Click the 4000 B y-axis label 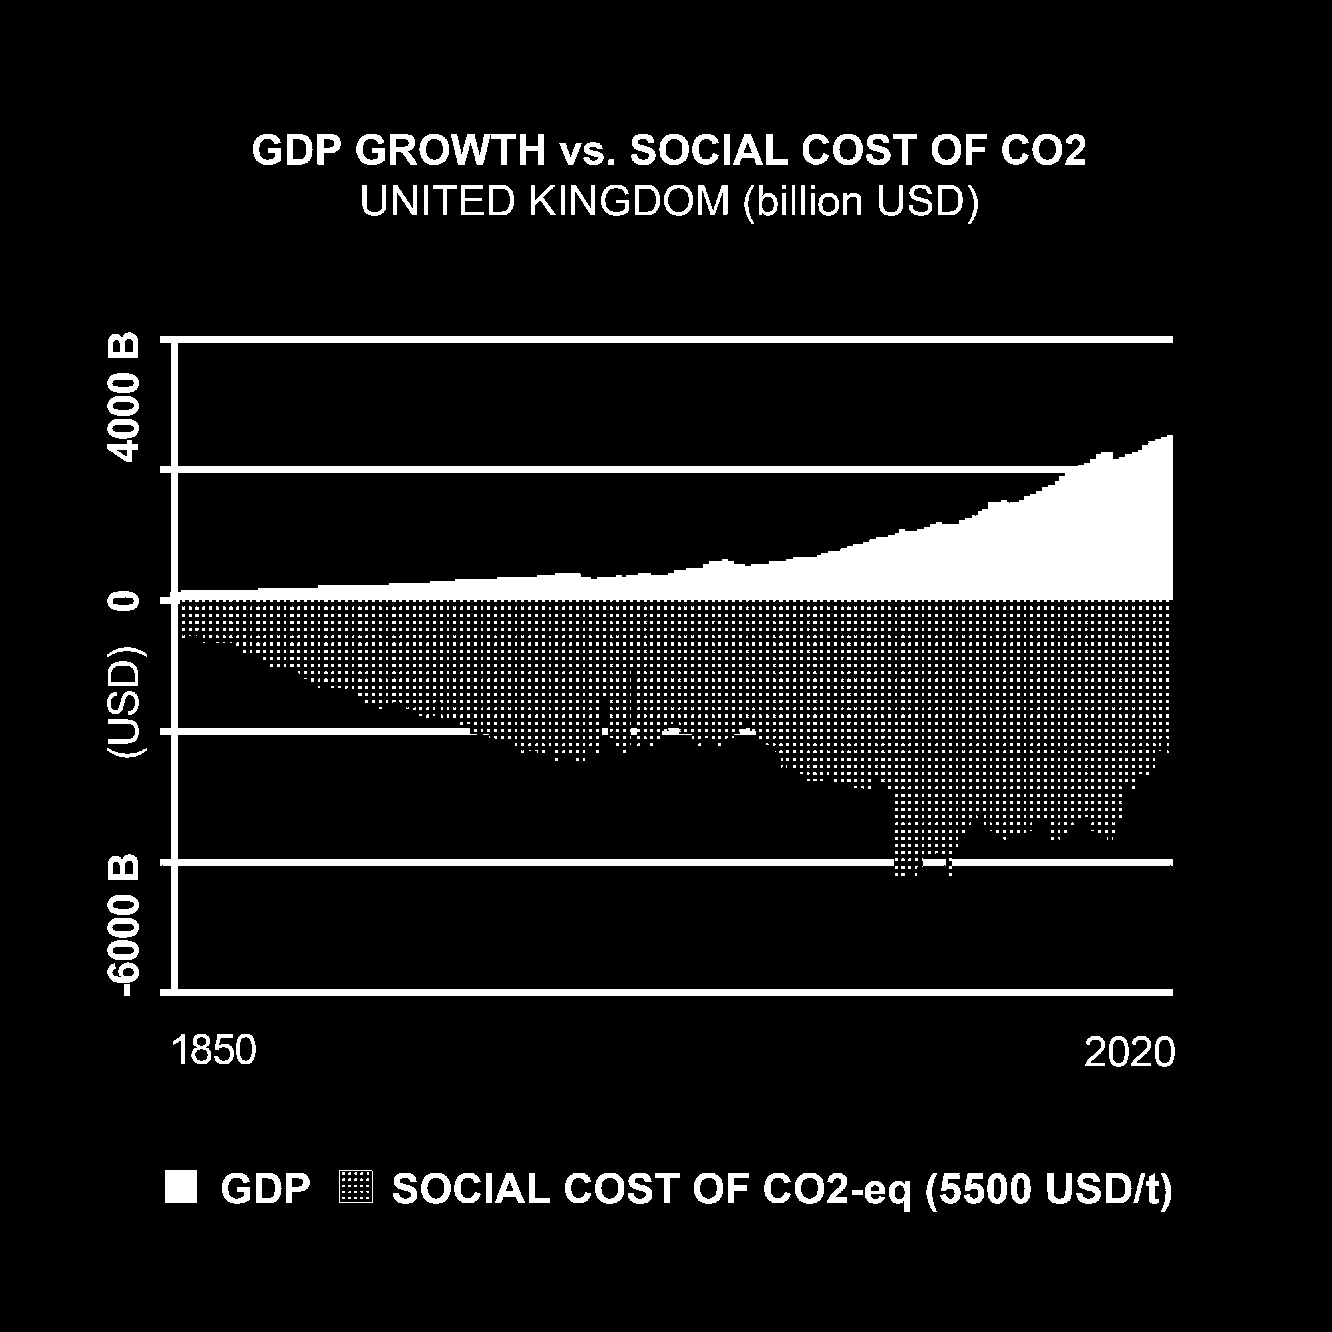[127, 398]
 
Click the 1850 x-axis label [213, 1051]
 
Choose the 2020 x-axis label [1129, 1052]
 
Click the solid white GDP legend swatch [181, 1187]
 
